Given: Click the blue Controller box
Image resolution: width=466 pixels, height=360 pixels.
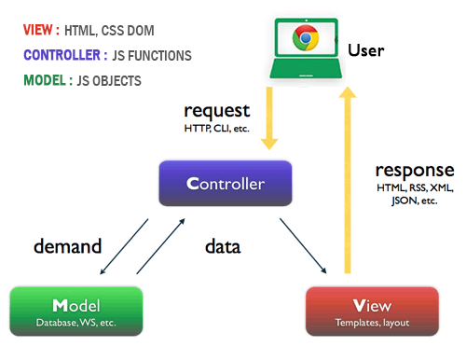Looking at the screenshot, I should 225,183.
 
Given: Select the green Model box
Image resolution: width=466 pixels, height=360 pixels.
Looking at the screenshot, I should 76,312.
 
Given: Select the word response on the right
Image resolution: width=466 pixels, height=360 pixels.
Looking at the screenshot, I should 414,171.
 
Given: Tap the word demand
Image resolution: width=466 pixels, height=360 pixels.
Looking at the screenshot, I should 67,247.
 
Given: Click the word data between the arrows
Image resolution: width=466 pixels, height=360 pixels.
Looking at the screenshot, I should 223,247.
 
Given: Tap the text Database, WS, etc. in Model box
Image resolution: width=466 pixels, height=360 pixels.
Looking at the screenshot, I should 76,323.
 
